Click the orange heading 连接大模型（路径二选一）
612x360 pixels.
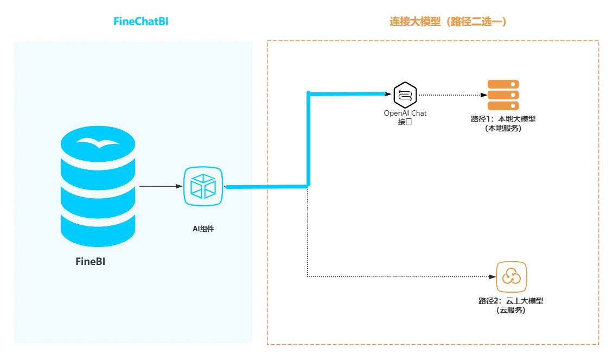(x=448, y=22)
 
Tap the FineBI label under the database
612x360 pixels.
(x=90, y=262)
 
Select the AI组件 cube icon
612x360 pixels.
(x=203, y=187)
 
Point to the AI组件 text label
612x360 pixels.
(x=203, y=229)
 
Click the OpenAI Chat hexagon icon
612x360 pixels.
(x=405, y=94)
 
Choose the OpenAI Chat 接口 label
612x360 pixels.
(x=405, y=117)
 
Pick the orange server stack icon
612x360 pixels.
(x=503, y=95)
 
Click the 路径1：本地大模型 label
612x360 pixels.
(x=503, y=119)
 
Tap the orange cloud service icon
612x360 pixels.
(x=511, y=277)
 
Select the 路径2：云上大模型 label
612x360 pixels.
(x=511, y=301)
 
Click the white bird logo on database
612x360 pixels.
(x=98, y=143)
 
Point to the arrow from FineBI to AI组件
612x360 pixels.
(x=161, y=186)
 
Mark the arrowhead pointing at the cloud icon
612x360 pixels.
(x=492, y=277)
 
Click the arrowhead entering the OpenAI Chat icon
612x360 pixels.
(x=388, y=94)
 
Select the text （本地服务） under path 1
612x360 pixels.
(x=503, y=129)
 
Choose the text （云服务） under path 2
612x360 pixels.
(x=511, y=310)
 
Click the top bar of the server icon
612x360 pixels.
(x=503, y=84)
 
